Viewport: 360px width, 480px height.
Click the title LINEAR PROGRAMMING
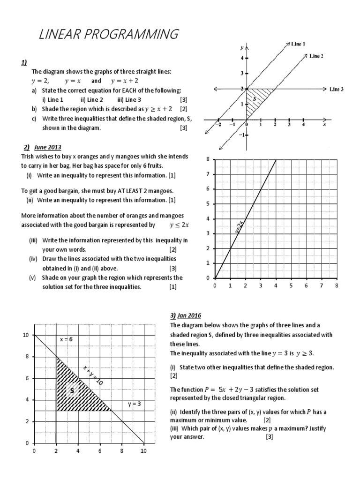(109, 34)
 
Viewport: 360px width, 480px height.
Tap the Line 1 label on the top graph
(298, 44)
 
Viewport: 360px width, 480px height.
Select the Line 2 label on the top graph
(317, 56)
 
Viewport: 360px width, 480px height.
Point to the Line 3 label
(337, 89)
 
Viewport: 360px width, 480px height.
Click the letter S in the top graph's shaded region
(254, 99)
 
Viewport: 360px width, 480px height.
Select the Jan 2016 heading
(189, 315)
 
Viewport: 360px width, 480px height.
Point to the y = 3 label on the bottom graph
(135, 404)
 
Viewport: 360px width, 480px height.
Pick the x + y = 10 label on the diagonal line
(93, 375)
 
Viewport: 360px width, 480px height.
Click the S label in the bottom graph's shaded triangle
(72, 390)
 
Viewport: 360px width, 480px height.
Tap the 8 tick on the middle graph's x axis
(337, 285)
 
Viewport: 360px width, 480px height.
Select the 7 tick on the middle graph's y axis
(208, 174)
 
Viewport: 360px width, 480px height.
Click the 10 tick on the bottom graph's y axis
(26, 335)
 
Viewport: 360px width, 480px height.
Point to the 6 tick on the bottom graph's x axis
(100, 451)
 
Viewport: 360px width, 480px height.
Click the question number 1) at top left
(24, 62)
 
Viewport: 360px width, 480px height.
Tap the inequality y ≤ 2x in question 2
(179, 225)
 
